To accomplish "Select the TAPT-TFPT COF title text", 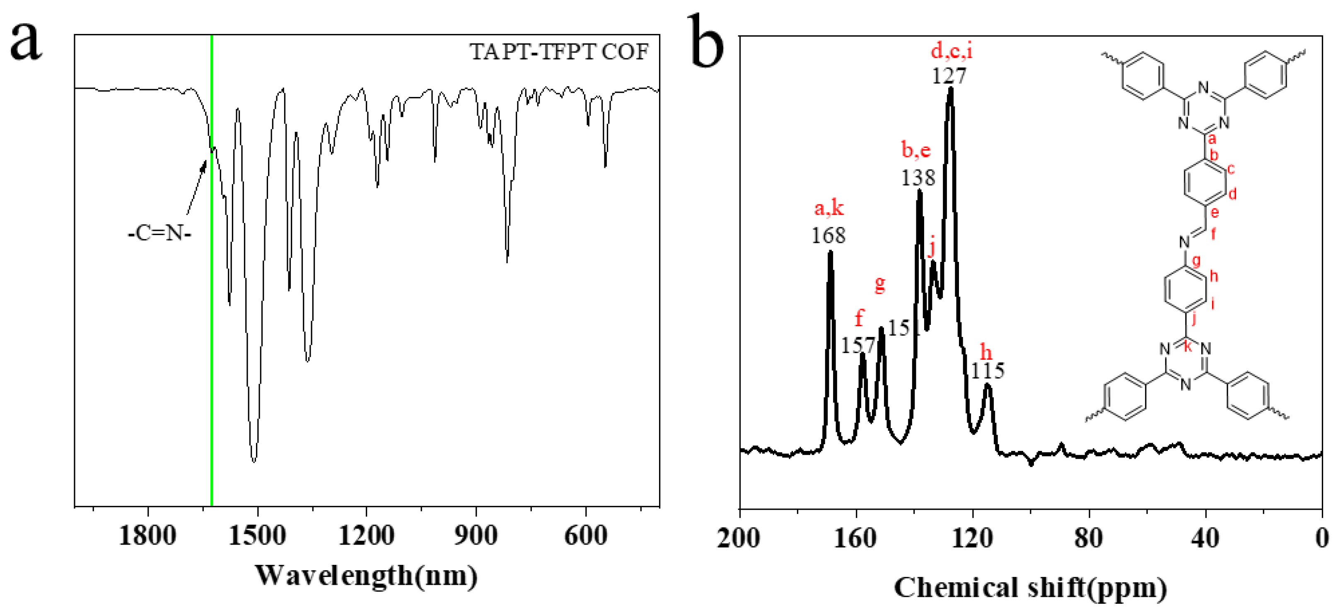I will click(559, 52).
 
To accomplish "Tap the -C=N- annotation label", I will click(159, 234).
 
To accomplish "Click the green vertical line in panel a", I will click(211, 312).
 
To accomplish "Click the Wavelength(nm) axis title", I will click(366, 576).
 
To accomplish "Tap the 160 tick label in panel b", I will click(855, 538).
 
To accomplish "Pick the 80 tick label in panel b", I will click(1089, 538).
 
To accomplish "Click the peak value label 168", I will click(828, 235).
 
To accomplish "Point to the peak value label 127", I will click(949, 76).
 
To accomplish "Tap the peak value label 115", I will click(988, 371).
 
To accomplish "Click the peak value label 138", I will click(918, 178).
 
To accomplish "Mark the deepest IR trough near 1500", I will click(254, 460).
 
